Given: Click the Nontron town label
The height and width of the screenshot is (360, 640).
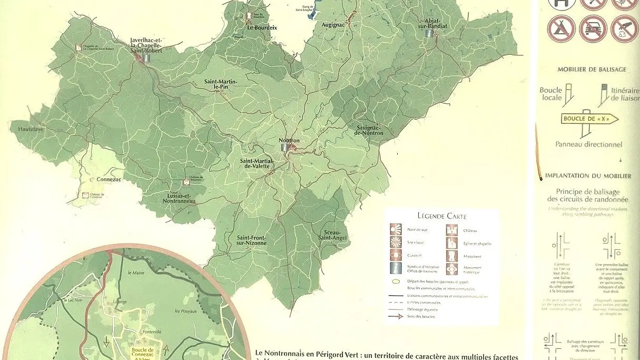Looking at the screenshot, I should tap(289, 141).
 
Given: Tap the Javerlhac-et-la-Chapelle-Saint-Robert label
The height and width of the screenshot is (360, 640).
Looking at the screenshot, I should tap(146, 45).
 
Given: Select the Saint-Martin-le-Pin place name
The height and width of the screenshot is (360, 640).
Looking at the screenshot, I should tap(221, 84).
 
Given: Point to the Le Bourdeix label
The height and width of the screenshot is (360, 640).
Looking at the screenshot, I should tap(262, 27).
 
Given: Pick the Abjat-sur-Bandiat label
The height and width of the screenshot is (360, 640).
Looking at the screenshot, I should tap(431, 22).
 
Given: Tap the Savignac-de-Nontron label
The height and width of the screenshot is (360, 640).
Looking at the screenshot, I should tap(369, 130).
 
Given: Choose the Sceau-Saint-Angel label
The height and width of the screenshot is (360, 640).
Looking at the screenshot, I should tap(330, 235).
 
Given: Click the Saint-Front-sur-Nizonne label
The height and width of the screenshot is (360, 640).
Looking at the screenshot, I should tap(251, 240).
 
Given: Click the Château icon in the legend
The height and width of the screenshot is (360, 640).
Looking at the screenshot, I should tap(451, 230).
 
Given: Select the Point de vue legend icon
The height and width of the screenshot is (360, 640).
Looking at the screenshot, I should tap(396, 230).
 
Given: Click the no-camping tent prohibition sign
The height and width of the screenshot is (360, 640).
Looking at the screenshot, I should tap(560, 28).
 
